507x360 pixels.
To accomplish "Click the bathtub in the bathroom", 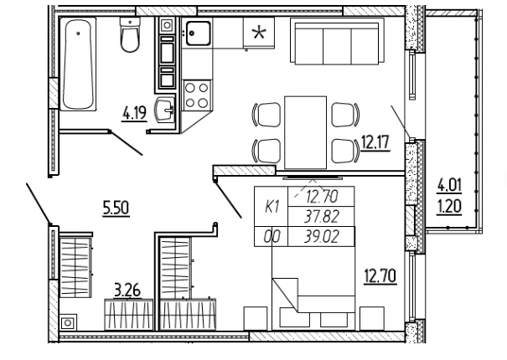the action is [78, 64].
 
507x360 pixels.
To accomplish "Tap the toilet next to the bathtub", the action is [130, 34].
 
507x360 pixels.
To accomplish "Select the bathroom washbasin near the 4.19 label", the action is [165, 110].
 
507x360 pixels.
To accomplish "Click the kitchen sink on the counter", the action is [198, 33].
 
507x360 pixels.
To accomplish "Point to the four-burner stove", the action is [197, 95].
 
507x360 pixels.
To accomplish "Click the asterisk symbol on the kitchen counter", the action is [259, 33].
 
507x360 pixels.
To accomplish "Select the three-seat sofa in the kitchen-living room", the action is [337, 41].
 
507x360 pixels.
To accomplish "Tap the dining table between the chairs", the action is [305, 132].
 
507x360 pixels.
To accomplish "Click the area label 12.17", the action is [375, 143].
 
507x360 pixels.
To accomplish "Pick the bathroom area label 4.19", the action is [135, 113].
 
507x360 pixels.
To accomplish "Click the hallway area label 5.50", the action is [116, 208].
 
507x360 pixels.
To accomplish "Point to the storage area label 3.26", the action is [127, 291].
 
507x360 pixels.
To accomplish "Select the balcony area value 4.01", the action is [449, 186].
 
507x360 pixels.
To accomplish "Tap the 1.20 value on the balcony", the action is [449, 207].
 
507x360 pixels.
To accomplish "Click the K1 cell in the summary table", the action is [272, 207].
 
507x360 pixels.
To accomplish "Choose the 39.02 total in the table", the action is [322, 237].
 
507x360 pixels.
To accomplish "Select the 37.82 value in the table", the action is [322, 217].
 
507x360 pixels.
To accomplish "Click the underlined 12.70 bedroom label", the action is [380, 276].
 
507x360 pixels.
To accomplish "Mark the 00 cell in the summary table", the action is [272, 237].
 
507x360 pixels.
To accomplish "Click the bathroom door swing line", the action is [126, 143].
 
